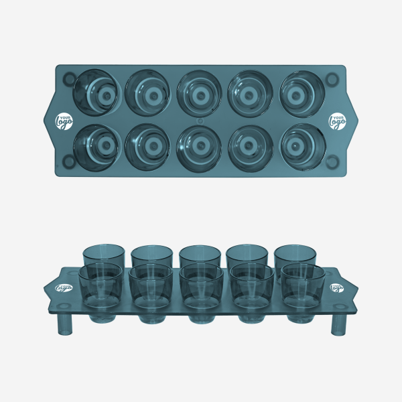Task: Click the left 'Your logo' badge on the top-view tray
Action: [x=64, y=121]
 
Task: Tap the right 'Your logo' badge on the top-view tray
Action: [x=337, y=121]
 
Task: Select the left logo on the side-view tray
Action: [x=64, y=288]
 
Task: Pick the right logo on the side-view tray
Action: [x=337, y=287]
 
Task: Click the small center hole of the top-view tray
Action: [x=200, y=121]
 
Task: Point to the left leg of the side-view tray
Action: [x=65, y=324]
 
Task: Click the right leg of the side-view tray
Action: [x=338, y=324]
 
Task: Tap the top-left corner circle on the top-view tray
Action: [x=69, y=78]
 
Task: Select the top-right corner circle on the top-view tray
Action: [x=332, y=79]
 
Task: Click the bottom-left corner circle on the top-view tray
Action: [x=69, y=161]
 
